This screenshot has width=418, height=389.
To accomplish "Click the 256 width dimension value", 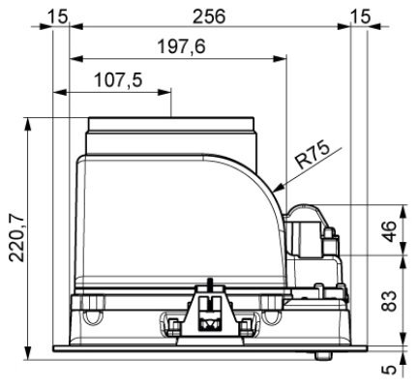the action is point(209,16).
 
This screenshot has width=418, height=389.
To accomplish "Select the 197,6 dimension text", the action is point(181,46).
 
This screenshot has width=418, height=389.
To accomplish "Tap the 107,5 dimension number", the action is point(118,80).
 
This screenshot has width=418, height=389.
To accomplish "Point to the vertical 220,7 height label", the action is point(16,238).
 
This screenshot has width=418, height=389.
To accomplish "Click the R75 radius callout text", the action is point(313,156).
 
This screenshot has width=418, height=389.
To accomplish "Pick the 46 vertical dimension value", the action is point(389,231).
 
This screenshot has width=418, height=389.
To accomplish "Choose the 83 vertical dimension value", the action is point(389,301).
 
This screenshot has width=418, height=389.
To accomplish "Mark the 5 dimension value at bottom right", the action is point(390,369).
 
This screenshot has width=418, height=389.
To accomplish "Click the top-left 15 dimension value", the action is point(58,16).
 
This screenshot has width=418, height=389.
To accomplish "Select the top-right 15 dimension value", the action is point(360,16).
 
